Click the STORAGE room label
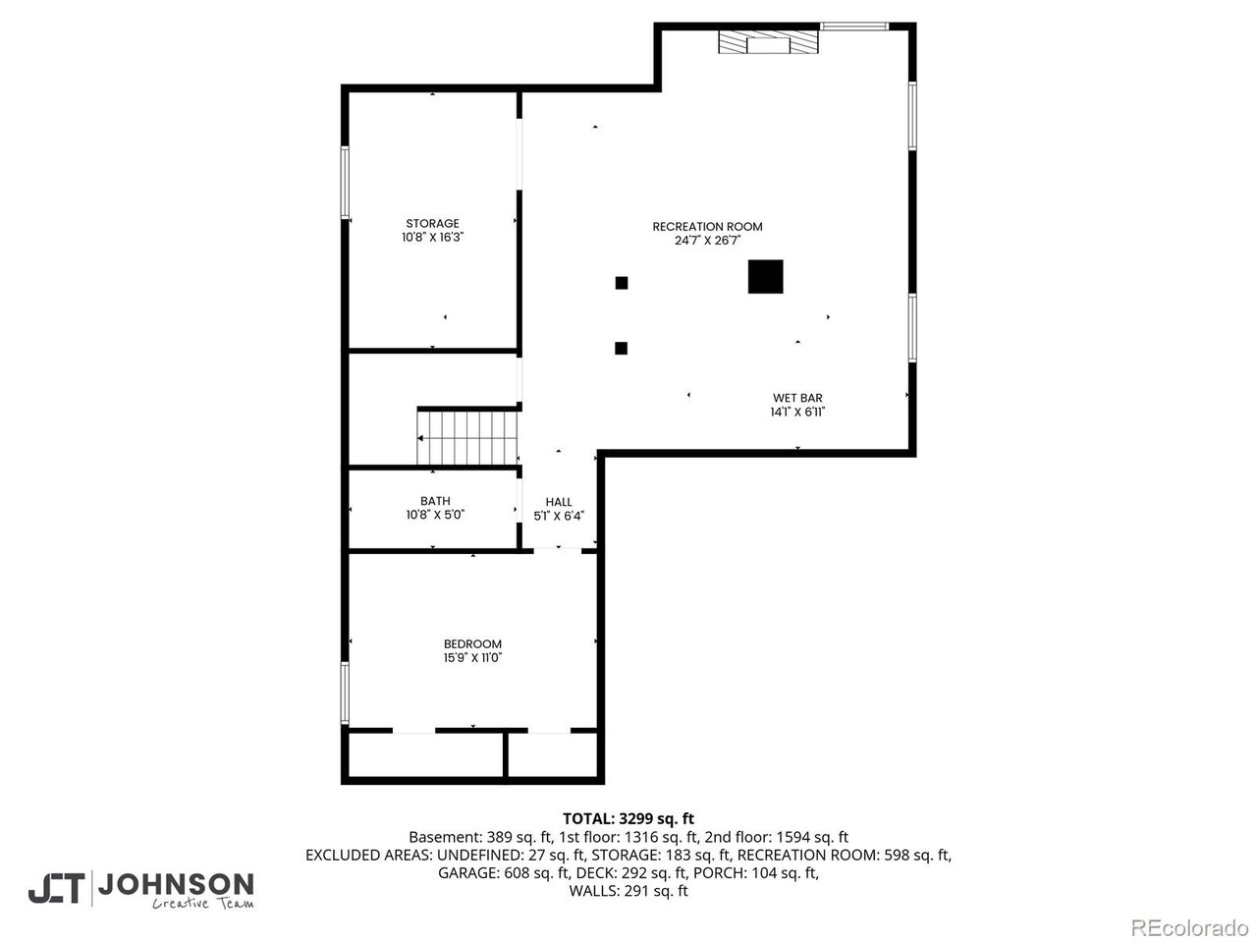[432, 223]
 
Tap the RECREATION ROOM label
[707, 227]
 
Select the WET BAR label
[797, 398]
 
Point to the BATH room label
[435, 501]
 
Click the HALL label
[559, 502]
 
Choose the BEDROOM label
[472, 644]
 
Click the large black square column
[766, 277]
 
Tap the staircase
[467, 438]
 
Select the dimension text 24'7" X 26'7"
[707, 241]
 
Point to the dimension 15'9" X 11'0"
[472, 658]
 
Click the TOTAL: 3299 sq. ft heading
[628, 819]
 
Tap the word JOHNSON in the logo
[176, 885]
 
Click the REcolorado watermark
[1190, 927]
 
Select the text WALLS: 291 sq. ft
[628, 891]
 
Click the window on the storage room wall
[345, 182]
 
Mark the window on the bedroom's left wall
[345, 693]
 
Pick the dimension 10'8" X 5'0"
[435, 515]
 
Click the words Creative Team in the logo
[202, 904]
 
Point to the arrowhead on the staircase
[420, 438]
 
